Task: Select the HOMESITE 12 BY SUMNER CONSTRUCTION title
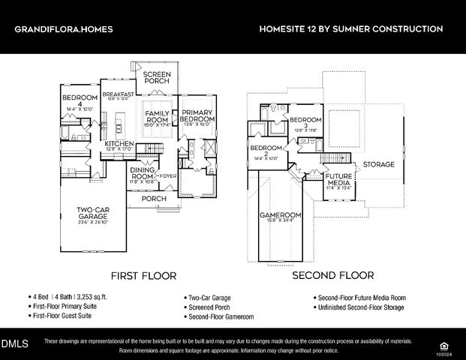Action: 350,29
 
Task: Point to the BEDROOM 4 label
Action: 79,102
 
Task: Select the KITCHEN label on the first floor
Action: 119,143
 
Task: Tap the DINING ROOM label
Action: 142,174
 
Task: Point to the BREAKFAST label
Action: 118,94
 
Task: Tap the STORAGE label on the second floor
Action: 378,164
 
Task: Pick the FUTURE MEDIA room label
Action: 339,178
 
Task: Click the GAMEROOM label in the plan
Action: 280,215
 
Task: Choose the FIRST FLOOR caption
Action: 143,276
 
